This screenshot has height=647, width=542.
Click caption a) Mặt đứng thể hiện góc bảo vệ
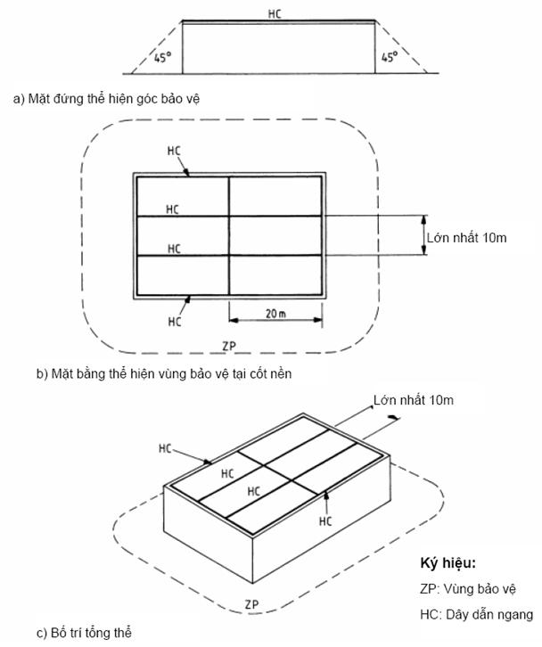106,99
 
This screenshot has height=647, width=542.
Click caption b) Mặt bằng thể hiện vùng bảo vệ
164,374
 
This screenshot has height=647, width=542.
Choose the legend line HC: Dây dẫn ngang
476,614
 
